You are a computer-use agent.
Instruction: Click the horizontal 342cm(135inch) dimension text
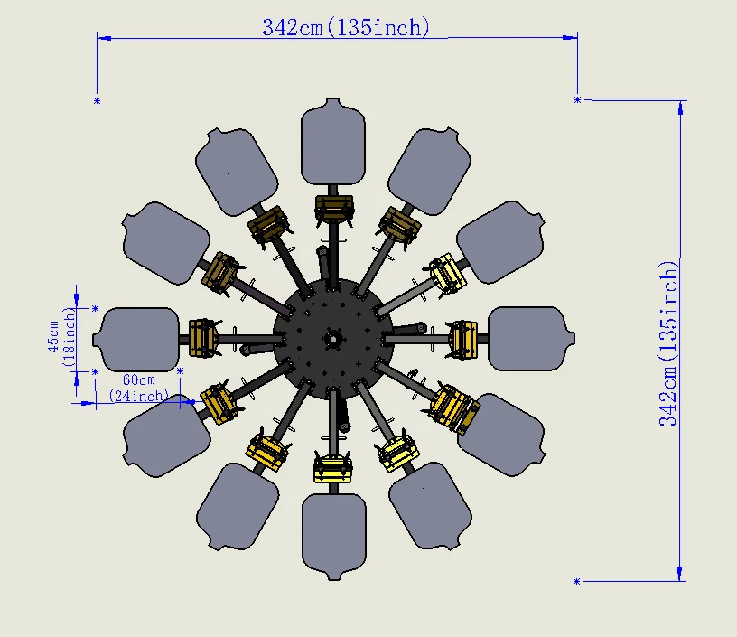pos(341,28)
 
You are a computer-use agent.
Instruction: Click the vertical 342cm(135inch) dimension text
pos(668,343)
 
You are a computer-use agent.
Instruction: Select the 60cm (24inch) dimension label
pos(138,388)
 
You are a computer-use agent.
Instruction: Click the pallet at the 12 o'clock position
pos(333,144)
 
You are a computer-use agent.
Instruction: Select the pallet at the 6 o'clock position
pos(334,534)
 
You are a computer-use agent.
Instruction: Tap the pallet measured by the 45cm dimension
pos(140,339)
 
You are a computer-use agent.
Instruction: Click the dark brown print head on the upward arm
pos(333,209)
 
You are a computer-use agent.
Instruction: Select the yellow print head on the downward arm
pos(333,468)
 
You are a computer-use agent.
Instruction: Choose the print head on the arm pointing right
pos(462,338)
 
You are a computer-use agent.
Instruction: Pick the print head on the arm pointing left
pos(203,338)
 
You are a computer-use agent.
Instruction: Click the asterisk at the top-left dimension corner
pos(97,100)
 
